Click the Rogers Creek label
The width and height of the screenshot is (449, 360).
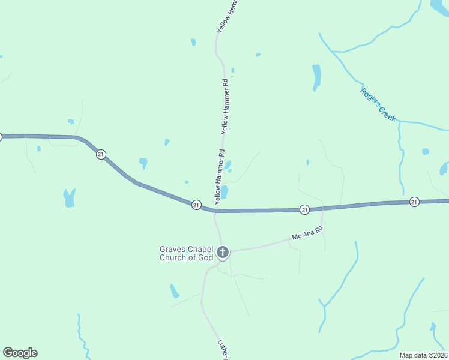(378, 105)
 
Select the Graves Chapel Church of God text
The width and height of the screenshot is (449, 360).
(186, 253)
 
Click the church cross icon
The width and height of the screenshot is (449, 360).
(223, 253)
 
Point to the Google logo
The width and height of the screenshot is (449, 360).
(20, 353)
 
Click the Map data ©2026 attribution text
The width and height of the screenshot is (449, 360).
(423, 355)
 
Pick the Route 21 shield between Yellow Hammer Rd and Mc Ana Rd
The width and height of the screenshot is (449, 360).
(304, 209)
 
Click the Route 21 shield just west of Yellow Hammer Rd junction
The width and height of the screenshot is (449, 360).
(196, 205)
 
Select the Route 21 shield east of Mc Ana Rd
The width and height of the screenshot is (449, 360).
(414, 202)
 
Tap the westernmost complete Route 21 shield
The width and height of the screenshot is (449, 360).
(101, 155)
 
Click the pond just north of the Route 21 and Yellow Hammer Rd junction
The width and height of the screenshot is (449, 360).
(224, 192)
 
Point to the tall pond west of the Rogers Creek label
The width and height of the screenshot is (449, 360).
(316, 77)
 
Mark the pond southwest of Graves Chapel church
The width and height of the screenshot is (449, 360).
(174, 291)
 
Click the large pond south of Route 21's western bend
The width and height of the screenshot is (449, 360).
(70, 197)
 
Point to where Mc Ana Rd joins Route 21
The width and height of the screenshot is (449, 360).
(323, 209)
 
